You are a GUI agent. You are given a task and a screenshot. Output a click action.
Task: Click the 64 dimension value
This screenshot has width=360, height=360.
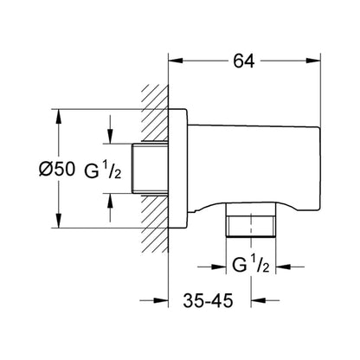point(244,61)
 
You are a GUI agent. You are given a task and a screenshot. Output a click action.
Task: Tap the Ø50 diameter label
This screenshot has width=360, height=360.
point(57,169)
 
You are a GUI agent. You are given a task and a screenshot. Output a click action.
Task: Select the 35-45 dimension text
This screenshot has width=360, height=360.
point(208,301)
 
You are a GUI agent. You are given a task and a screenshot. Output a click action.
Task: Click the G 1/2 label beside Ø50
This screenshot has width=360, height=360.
point(103,170)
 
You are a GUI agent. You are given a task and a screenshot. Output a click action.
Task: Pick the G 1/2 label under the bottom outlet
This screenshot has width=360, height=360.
point(251,265)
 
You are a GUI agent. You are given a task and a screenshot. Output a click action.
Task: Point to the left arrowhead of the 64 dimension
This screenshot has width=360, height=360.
point(176,61)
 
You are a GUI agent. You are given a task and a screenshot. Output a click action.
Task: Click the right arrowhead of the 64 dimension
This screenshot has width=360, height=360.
point(313,61)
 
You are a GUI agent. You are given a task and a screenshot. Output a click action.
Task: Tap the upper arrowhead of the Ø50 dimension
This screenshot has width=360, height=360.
point(59,117)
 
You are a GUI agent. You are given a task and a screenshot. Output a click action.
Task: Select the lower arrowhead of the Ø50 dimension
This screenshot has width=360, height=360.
point(59,221)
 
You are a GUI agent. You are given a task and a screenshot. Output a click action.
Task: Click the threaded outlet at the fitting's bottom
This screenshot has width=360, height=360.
point(251,220)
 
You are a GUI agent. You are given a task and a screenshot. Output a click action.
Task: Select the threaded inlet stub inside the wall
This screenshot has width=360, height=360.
point(150,168)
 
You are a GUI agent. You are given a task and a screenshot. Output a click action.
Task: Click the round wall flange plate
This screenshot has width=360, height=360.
point(178,169)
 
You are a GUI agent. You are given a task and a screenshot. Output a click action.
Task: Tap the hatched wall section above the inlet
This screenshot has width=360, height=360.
point(154,112)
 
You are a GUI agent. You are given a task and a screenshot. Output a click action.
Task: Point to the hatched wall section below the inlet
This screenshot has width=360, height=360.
point(154,224)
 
